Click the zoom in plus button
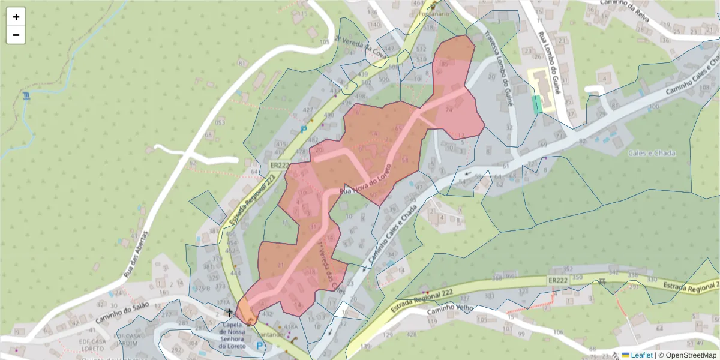point(16,17)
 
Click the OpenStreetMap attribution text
point(687,355)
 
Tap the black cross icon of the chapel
point(229,313)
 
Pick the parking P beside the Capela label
point(259,346)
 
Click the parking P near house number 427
point(303,129)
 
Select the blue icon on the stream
point(26,96)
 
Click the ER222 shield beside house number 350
point(557,280)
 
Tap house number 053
point(220,122)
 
